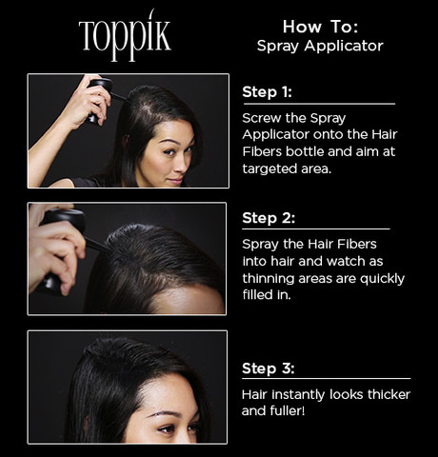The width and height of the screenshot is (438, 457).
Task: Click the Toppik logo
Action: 125,35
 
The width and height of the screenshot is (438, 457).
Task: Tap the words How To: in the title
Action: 321,27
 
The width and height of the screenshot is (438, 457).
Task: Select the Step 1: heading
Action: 267,92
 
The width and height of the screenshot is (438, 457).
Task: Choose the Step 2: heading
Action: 269,218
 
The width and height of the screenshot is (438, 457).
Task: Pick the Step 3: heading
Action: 269,368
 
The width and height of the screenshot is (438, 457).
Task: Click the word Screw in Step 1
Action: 262,118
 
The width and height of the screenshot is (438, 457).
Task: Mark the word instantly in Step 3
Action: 298,395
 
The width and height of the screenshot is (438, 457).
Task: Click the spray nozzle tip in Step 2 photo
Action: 109,249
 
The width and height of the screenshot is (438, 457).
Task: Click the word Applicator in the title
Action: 344,46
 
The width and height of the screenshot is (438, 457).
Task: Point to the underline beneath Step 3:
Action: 327,378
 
